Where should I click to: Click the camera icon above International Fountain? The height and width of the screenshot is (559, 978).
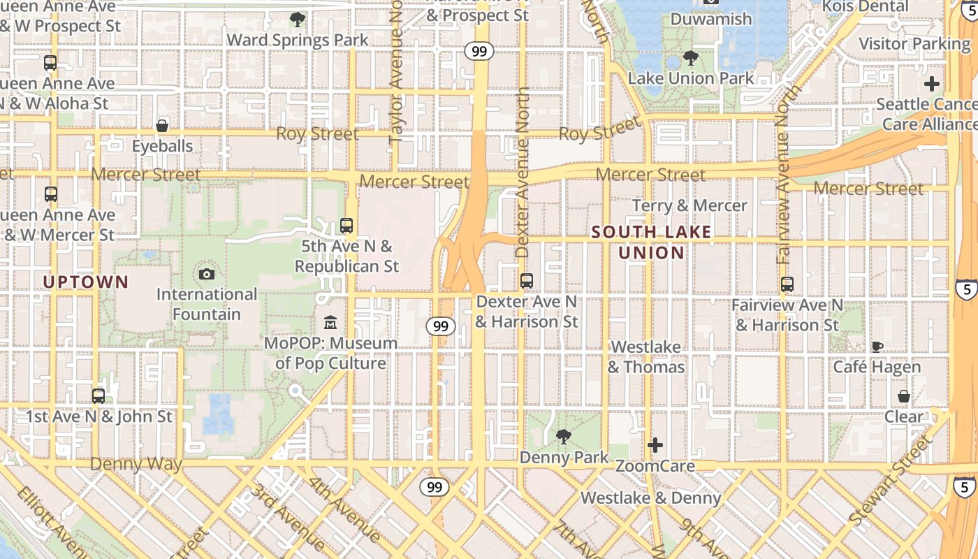(207, 274)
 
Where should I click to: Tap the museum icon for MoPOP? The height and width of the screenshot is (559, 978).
(330, 323)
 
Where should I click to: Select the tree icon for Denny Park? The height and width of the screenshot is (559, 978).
(563, 437)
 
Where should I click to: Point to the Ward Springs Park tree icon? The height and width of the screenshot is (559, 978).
(297, 19)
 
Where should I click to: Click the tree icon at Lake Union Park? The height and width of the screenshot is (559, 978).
(691, 57)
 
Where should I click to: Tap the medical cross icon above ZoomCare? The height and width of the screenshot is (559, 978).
(655, 445)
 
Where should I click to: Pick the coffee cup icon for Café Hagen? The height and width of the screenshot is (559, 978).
(877, 347)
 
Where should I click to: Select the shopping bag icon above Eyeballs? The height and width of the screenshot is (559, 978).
(162, 126)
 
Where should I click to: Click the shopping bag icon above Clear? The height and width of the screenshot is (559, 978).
(903, 396)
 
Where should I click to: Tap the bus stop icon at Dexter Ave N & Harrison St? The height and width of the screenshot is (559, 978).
(527, 281)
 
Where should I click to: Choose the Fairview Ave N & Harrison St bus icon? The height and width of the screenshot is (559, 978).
(787, 284)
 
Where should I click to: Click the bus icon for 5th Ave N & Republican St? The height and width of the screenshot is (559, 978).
(346, 226)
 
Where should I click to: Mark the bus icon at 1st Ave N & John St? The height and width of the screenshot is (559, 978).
(98, 396)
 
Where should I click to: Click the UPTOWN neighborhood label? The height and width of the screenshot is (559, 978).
(86, 282)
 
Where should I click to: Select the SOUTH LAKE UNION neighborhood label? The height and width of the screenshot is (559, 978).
(651, 242)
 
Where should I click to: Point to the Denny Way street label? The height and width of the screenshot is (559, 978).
(136, 464)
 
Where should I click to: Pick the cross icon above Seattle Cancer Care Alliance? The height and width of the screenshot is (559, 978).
(932, 85)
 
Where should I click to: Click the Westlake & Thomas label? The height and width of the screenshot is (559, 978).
(645, 357)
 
